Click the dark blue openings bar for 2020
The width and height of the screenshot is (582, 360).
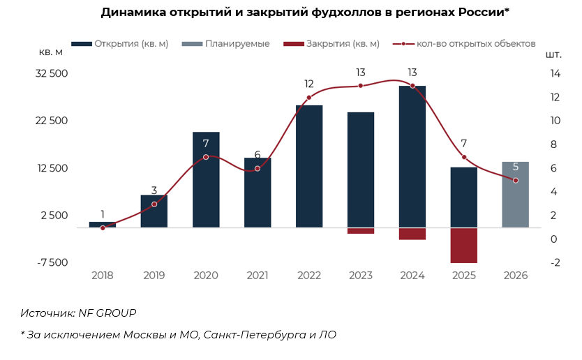point(206,179)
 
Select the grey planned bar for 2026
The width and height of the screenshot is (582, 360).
point(516,195)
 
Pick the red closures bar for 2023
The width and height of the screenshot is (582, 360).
point(361,231)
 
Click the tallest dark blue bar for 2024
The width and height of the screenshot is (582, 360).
point(412,157)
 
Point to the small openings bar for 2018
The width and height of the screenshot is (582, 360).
point(103,225)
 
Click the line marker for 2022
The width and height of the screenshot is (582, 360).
point(309,98)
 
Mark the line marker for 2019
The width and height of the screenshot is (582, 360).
point(154,204)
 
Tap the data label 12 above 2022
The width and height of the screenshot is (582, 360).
point(309,84)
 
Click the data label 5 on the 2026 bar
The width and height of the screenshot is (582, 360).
point(516,167)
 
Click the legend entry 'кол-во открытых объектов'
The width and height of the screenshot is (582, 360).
point(475,43)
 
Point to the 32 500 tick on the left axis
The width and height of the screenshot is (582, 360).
point(52,73)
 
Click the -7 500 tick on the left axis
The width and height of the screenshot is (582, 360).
point(52,262)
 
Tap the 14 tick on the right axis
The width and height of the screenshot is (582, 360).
point(555,73)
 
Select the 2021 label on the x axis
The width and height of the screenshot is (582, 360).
point(258,276)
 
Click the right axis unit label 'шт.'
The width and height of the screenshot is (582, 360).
point(553,54)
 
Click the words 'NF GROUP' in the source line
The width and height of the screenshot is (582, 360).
point(106,313)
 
